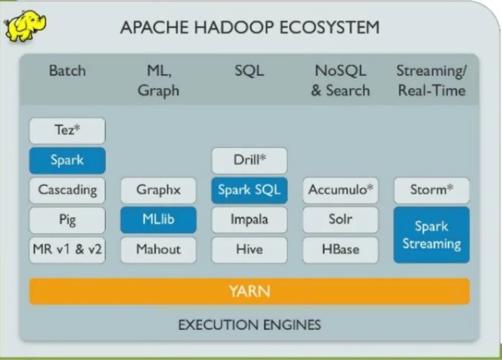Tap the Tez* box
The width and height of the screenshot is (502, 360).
click(67, 131)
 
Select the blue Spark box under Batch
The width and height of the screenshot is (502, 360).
click(67, 160)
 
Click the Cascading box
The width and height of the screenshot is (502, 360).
click(67, 190)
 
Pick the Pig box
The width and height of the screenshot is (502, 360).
click(67, 220)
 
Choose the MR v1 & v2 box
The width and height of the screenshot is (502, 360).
click(67, 249)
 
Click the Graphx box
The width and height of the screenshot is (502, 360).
click(158, 190)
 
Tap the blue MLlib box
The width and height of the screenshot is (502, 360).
click(158, 220)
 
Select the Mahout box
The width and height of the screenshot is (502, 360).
click(158, 249)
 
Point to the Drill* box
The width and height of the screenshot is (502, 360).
click(249, 160)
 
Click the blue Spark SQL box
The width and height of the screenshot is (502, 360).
click(249, 190)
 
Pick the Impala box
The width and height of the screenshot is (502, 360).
click(249, 220)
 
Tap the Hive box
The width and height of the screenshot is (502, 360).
click(249, 249)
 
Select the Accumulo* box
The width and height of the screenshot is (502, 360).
click(340, 190)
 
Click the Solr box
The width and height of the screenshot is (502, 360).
click(340, 220)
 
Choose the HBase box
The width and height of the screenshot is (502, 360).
click(340, 249)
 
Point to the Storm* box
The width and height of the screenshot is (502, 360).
click(432, 190)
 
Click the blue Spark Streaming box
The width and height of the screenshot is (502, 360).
click(432, 235)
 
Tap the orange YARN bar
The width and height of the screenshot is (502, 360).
click(249, 291)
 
